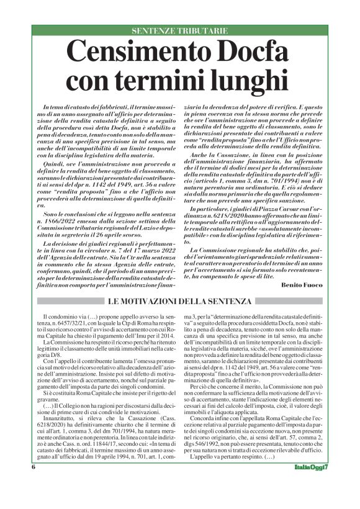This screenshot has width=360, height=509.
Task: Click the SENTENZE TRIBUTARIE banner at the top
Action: [x=180, y=30]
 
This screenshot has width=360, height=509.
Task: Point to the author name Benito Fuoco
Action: [x=302, y=284]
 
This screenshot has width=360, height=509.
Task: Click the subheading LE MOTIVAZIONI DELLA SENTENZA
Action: [x=180, y=302]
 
